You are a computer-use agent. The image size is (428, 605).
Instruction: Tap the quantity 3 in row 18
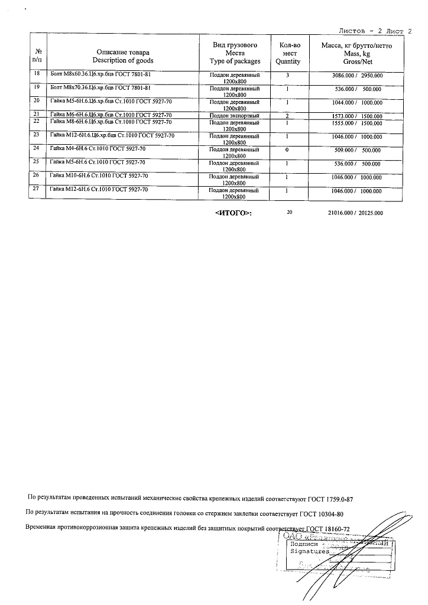(287, 75)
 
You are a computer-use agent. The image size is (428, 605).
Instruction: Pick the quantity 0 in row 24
(287, 149)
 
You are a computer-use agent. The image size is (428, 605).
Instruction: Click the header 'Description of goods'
(123, 61)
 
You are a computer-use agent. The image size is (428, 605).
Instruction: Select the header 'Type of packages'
(235, 61)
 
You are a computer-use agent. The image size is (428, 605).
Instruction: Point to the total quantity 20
(289, 212)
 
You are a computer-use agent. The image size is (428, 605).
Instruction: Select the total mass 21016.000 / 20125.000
(355, 213)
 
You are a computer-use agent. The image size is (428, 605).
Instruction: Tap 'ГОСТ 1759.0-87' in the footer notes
(328, 499)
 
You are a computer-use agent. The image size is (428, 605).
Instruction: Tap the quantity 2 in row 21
(287, 115)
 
